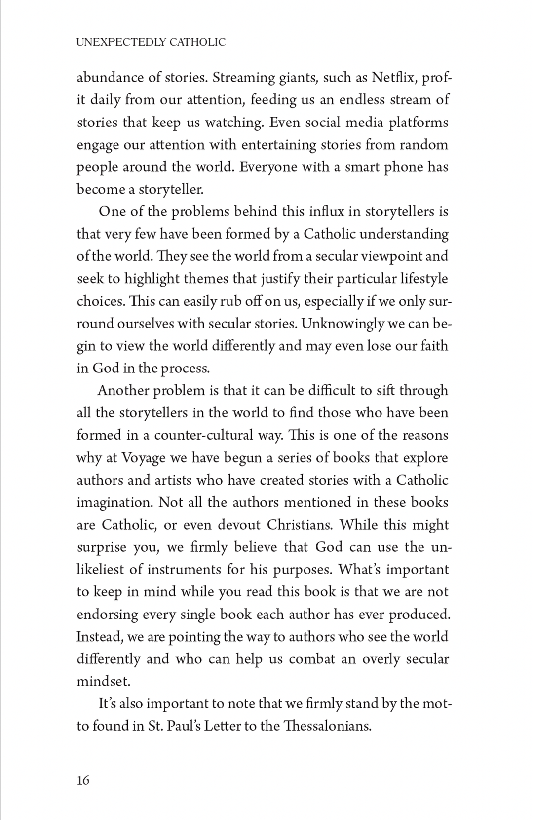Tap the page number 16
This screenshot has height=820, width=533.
[x=83, y=780]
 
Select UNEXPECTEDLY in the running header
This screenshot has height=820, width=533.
[x=120, y=42]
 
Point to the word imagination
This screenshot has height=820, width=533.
[x=114, y=503]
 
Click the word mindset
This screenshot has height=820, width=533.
[x=103, y=682]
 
